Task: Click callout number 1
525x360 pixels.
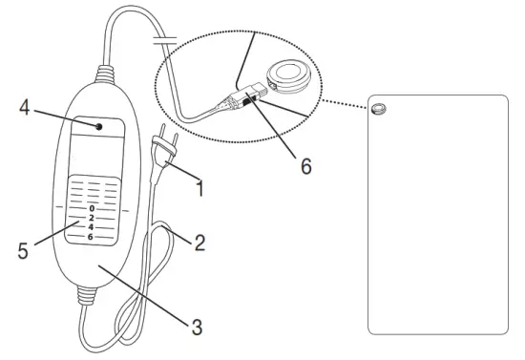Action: pyautogui.click(x=199, y=189)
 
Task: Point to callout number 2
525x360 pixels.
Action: pyautogui.click(x=199, y=243)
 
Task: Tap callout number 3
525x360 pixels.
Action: pyautogui.click(x=198, y=326)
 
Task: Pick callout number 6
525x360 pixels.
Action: pyautogui.click(x=305, y=166)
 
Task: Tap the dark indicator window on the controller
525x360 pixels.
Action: pyautogui.click(x=98, y=125)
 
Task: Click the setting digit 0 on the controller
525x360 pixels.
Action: pyautogui.click(x=92, y=207)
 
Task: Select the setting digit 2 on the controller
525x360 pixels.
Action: pyautogui.click(x=92, y=217)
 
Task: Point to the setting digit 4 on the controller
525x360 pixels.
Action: pyautogui.click(x=92, y=226)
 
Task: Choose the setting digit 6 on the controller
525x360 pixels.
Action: pyautogui.click(x=92, y=236)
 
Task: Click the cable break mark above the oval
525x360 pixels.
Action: pyautogui.click(x=163, y=41)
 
